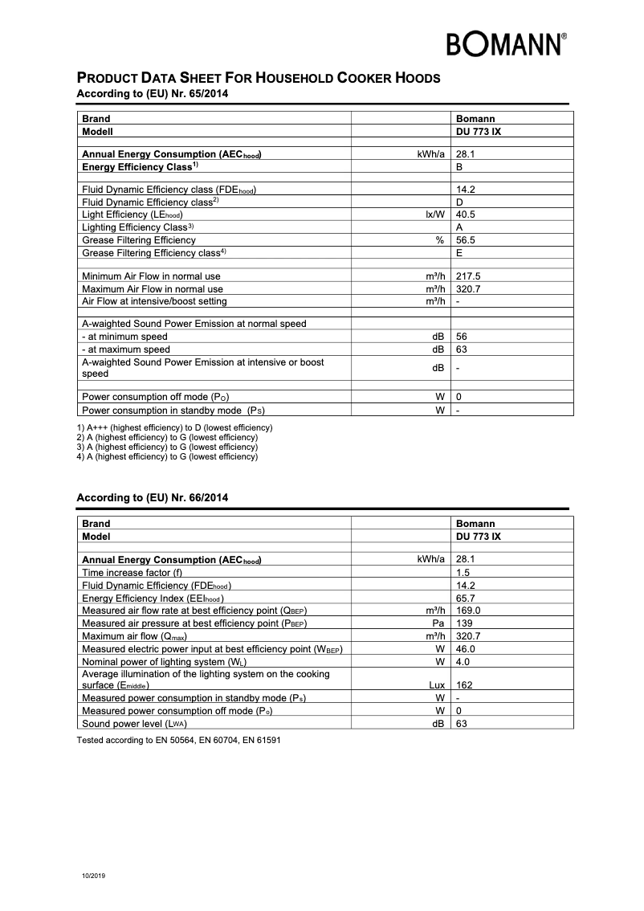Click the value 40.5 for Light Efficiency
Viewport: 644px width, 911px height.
click(467, 215)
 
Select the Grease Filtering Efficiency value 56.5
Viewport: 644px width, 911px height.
click(467, 240)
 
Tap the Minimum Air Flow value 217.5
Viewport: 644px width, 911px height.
click(468, 276)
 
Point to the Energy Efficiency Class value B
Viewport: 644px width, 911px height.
click(459, 166)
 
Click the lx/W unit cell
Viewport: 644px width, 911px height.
click(434, 215)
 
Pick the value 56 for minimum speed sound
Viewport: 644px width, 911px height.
click(462, 337)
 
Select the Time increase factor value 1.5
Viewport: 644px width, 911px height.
click(463, 573)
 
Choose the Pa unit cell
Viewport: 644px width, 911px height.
click(438, 623)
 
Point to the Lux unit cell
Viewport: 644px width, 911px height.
click(436, 685)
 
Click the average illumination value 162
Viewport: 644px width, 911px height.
click(463, 685)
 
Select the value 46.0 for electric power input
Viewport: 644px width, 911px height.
click(466, 648)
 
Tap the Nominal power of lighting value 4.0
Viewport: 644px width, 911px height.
click(463, 661)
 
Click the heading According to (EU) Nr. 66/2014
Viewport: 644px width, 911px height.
click(152, 498)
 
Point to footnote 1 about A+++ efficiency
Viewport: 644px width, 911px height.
click(174, 427)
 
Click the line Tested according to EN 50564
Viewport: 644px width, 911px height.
click(178, 739)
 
